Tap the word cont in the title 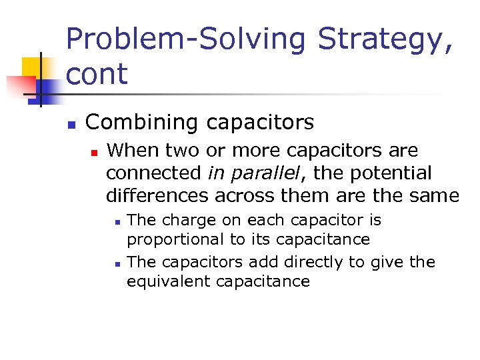(x=97, y=74)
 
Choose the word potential (x=385, y=173)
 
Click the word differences (x=157, y=196)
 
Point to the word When (x=131, y=151)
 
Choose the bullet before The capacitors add (x=117, y=264)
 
